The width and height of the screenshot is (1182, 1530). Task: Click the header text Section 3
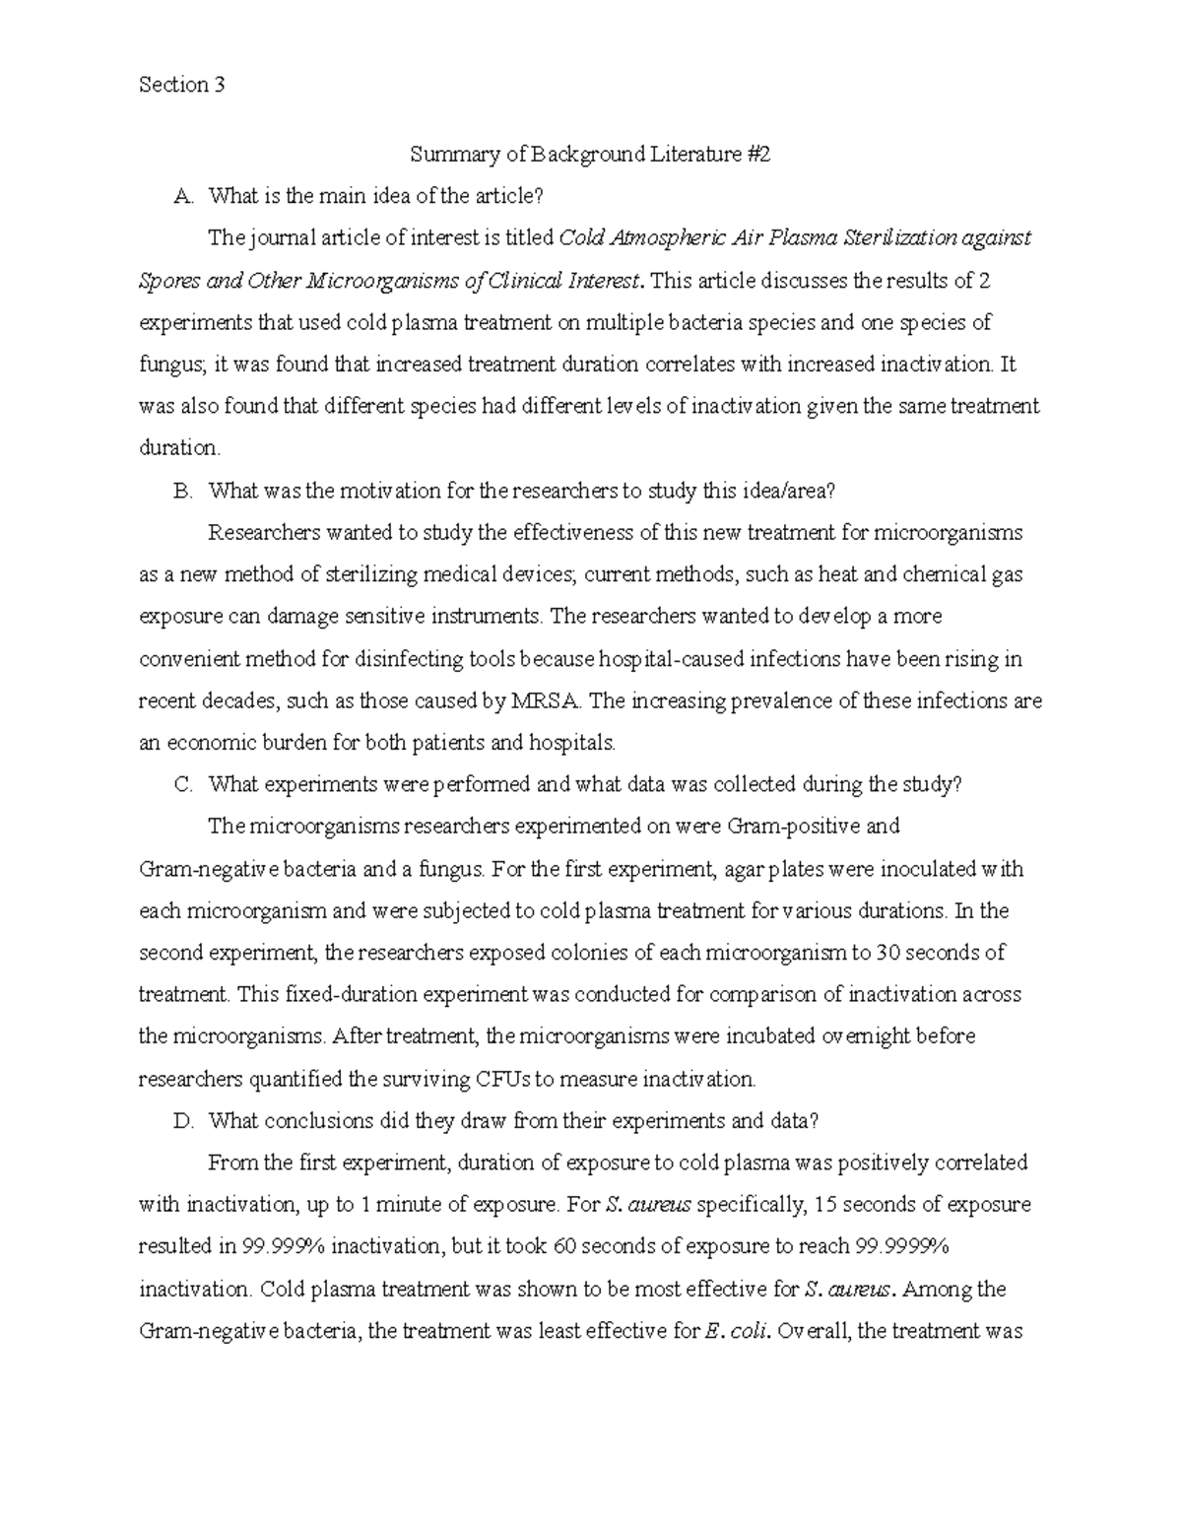click(182, 85)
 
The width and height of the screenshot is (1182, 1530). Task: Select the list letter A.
click(181, 197)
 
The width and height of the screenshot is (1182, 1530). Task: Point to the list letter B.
click(181, 491)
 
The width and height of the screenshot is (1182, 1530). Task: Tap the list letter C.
click(181, 785)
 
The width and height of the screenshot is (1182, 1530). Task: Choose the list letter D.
click(181, 1121)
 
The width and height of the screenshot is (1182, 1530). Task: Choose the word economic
click(215, 743)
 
